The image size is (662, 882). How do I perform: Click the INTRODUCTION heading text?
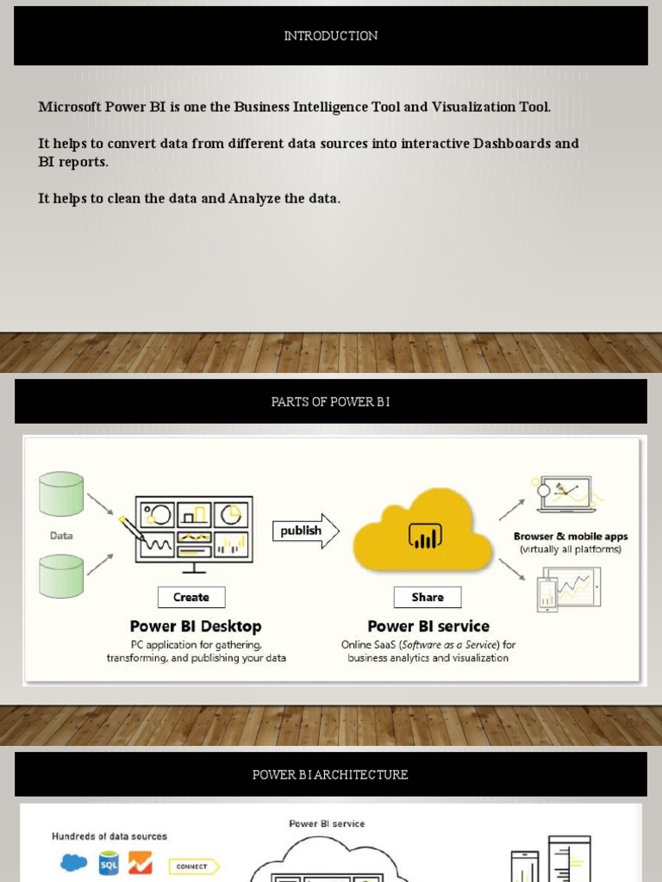331,36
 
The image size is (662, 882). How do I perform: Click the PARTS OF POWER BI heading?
330,401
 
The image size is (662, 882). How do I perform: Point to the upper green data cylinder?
61,494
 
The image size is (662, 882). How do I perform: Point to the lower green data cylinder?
61,575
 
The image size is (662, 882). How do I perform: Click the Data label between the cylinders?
61,535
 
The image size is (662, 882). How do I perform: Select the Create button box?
191,597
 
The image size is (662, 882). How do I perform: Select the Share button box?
428,597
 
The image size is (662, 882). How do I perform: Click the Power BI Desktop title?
196,626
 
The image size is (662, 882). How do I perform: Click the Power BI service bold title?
428,626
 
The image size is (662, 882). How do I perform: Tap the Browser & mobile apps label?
571,537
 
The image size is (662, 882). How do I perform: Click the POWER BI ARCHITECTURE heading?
330,774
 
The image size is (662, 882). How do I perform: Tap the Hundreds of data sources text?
109,836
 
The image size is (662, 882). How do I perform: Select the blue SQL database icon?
109,863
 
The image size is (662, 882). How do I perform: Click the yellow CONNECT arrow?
194,866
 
